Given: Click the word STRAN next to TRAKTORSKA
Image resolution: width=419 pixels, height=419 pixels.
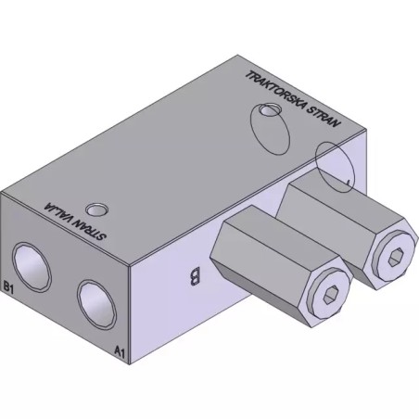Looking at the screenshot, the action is (x=324, y=117).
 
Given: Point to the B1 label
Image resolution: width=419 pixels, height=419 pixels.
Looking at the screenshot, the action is (x=8, y=286).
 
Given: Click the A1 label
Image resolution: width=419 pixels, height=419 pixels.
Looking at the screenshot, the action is (x=120, y=351).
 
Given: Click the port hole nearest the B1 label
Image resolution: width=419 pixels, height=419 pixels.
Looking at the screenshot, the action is (x=32, y=267).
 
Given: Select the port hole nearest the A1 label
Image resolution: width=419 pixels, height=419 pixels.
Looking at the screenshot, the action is (x=96, y=305).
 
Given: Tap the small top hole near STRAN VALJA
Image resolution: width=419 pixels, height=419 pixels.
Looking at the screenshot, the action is (x=96, y=210).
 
